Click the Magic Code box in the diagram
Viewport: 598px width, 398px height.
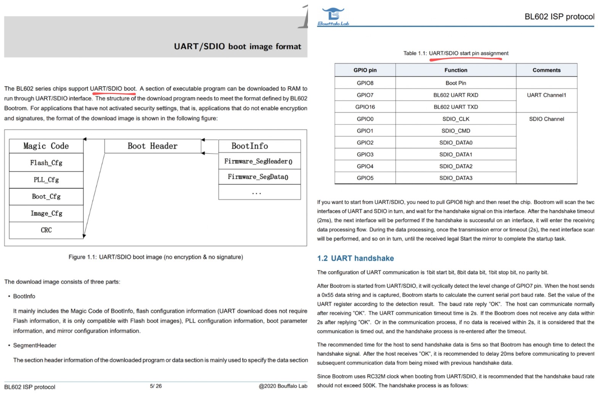tap(46, 146)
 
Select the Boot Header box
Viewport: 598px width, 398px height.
tap(153, 146)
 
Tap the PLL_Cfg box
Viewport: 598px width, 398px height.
tap(46, 180)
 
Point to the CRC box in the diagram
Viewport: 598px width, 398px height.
tap(46, 230)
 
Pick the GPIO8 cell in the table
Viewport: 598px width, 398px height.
tap(365, 83)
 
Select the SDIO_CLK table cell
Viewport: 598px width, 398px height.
tap(456, 119)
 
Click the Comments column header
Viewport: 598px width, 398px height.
tap(547, 70)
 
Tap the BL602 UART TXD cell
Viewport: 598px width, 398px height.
tap(456, 107)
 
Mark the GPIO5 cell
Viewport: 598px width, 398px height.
tap(365, 178)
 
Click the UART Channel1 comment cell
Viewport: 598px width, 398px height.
tap(547, 95)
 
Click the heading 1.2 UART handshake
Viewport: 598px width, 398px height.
tap(355, 258)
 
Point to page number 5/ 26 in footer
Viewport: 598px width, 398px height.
tap(156, 386)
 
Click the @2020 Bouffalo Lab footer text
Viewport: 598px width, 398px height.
tap(283, 386)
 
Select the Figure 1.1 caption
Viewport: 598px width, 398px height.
tap(156, 257)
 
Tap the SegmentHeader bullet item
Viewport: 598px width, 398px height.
tap(35, 345)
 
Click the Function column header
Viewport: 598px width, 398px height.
tap(456, 70)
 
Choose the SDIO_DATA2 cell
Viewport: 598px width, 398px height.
tap(456, 166)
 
